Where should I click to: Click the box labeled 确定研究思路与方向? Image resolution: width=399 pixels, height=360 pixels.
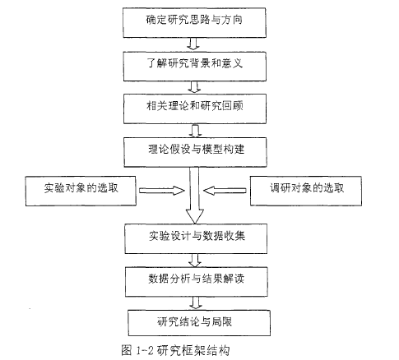click(x=194, y=23)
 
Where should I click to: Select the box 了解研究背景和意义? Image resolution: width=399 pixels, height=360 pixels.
click(x=195, y=67)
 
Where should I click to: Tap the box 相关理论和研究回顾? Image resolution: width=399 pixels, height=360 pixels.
click(x=195, y=108)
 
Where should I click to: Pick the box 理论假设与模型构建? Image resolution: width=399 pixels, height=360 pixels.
click(x=195, y=152)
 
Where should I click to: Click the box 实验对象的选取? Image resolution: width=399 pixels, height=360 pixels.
click(x=81, y=191)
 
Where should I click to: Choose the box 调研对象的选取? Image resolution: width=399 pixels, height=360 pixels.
click(x=306, y=191)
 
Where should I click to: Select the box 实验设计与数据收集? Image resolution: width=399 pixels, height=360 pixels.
click(x=196, y=238)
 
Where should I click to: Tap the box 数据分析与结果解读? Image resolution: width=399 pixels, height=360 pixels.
click(x=197, y=282)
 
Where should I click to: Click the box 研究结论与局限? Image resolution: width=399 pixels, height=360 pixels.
click(x=199, y=323)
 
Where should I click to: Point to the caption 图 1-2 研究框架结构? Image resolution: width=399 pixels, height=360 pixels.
click(x=175, y=350)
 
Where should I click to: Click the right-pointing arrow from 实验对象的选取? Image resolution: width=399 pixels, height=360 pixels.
click(x=162, y=191)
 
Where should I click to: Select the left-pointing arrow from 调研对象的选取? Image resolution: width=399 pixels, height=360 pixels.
click(x=225, y=191)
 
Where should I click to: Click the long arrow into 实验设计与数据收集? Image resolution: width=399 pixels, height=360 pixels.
click(x=195, y=195)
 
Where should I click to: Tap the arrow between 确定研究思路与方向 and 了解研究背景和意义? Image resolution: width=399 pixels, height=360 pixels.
click(x=193, y=44)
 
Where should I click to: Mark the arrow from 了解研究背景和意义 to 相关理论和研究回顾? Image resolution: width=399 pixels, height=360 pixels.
click(x=194, y=87)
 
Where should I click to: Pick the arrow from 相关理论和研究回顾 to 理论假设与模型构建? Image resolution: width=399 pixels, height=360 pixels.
click(x=195, y=131)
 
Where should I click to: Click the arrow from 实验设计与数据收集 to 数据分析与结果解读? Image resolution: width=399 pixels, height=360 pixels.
click(x=195, y=261)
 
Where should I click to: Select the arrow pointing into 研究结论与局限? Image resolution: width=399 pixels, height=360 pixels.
click(x=196, y=302)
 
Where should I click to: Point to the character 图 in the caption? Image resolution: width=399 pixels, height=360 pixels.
click(x=127, y=350)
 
